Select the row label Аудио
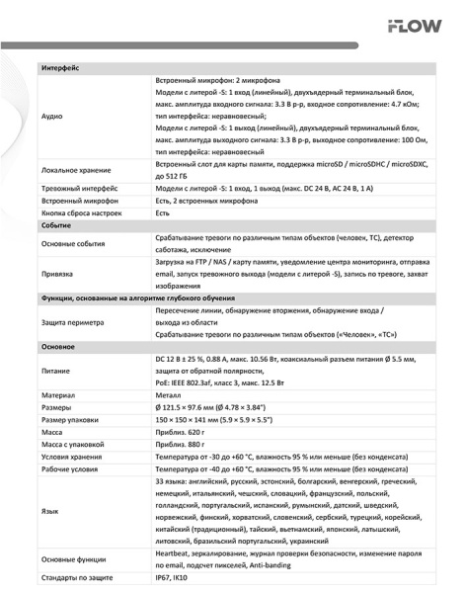tap(52, 116)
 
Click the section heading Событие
tap(56, 225)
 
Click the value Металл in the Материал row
tap(172, 393)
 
